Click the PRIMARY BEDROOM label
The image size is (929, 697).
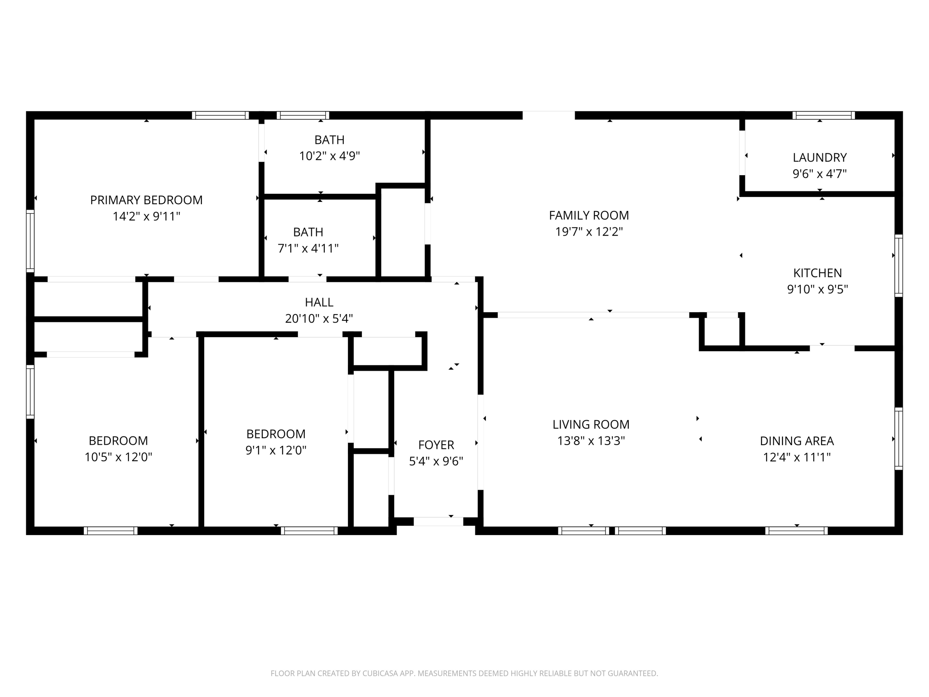click(146, 200)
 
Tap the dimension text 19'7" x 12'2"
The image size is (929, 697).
click(589, 232)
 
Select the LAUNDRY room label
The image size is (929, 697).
click(819, 157)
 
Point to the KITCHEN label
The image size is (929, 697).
click(817, 273)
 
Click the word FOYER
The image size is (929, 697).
click(436, 445)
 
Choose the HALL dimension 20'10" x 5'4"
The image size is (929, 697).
click(319, 319)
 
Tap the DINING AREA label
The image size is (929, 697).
click(797, 441)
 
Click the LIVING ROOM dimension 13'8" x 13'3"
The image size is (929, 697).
click(591, 441)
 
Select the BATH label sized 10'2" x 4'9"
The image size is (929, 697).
click(329, 140)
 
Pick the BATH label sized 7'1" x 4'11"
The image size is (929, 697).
click(308, 232)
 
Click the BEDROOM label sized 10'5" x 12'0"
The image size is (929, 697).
click(118, 441)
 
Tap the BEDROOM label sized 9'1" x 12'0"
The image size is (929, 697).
click(275, 434)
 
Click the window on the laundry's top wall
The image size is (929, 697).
click(823, 115)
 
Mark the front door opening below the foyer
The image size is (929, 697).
click(438, 521)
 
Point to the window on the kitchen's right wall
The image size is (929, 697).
click(898, 265)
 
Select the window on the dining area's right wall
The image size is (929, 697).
click(898, 438)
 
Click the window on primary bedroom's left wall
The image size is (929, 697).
click(30, 241)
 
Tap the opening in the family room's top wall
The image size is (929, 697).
click(548, 115)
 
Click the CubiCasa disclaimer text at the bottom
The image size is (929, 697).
click(464, 673)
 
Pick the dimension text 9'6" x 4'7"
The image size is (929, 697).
click(819, 174)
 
